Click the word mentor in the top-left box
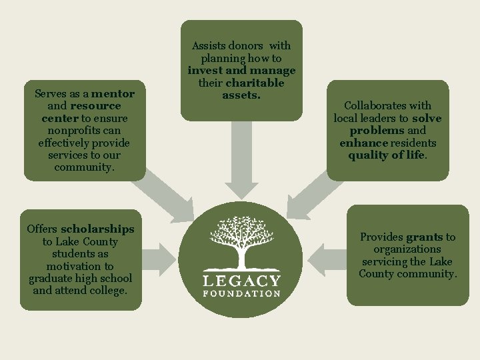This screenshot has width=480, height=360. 113,94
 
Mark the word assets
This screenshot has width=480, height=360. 241,95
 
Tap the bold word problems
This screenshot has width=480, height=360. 377,130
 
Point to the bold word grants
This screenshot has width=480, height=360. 424,237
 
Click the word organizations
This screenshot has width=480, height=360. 407,249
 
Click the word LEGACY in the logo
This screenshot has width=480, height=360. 241,280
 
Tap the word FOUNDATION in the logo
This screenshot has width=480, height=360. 241,293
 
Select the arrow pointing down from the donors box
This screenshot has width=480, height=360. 241,160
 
